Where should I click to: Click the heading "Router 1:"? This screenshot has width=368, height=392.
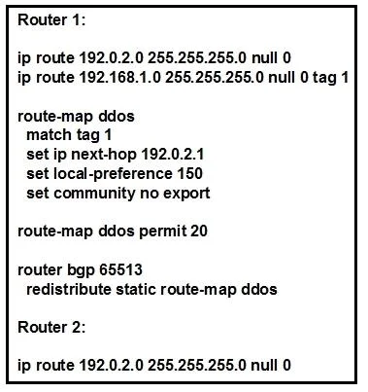click(x=51, y=19)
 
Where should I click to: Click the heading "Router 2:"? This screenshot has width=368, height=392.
click(x=51, y=327)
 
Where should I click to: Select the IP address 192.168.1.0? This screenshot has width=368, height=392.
click(x=120, y=77)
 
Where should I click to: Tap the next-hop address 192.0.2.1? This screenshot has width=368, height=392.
click(x=173, y=154)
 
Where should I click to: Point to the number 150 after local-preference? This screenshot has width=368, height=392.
click(x=189, y=173)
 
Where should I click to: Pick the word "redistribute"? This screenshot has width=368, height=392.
click(x=69, y=289)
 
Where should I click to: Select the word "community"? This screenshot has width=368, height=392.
click(x=94, y=194)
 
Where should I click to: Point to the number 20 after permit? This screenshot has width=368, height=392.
click(x=199, y=232)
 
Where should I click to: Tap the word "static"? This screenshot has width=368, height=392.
click(x=136, y=289)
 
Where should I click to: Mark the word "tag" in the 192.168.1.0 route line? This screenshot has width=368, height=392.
click(x=323, y=78)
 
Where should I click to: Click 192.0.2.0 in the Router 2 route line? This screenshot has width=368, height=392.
click(x=111, y=365)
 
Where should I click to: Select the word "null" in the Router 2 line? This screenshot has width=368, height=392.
click(x=264, y=365)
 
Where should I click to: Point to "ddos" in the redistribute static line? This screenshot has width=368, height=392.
click(x=259, y=289)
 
